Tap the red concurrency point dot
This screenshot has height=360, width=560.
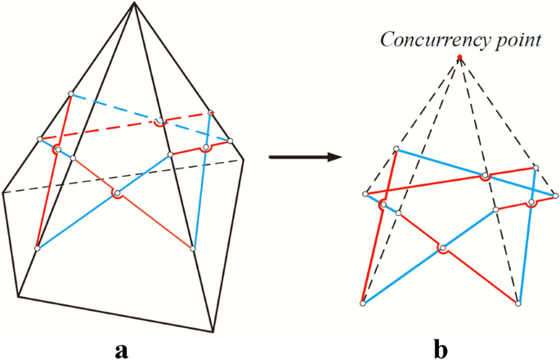point(460,56)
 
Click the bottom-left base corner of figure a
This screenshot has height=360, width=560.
point(17,297)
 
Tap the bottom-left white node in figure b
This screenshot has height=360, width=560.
point(363,304)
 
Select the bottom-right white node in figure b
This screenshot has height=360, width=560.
point(518,304)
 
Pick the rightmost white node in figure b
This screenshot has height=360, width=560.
point(557,195)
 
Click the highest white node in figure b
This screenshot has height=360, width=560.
point(396,149)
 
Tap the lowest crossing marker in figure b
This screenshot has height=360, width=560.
point(442,248)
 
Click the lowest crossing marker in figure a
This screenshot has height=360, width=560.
point(118,194)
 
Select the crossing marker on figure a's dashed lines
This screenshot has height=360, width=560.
point(160,123)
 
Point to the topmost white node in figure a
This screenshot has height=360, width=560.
point(71,93)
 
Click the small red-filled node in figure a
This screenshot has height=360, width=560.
point(211,112)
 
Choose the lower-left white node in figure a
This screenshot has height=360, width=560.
point(37,248)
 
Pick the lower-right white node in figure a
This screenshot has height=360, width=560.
point(193,248)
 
